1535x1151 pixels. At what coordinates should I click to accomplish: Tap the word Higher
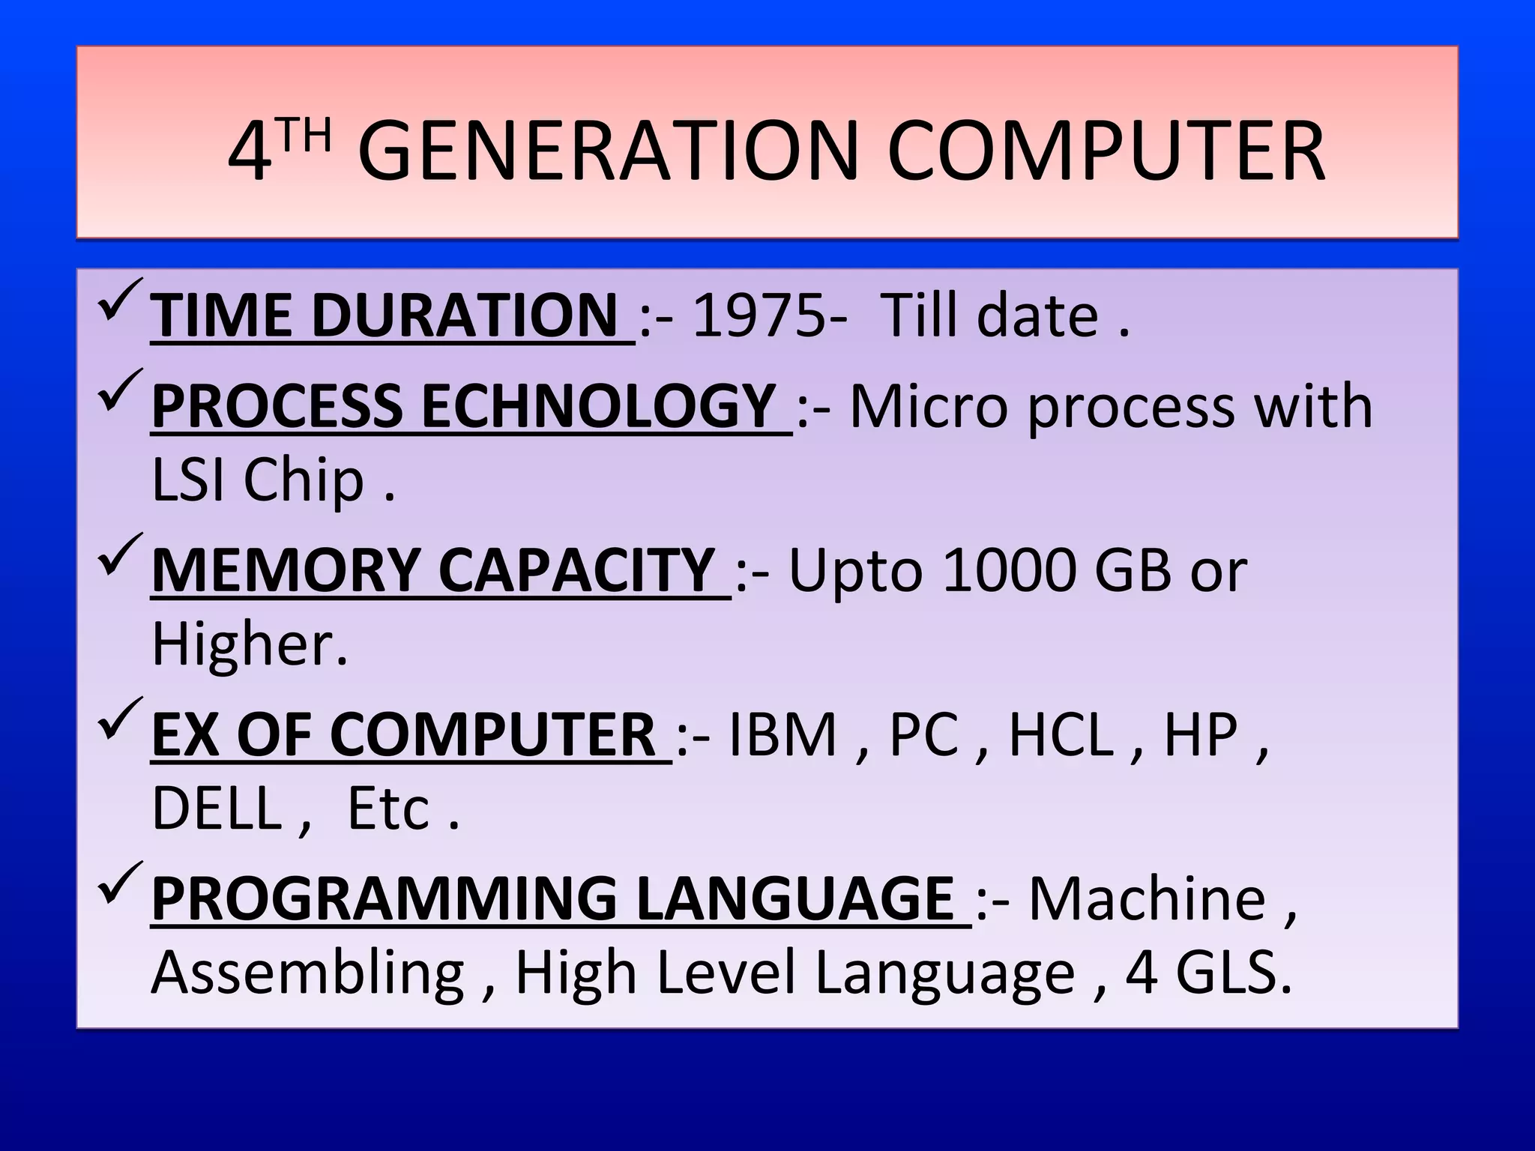pos(247,644)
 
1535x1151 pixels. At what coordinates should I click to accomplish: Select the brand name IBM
pos(782,734)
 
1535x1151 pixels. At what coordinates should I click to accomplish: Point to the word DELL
pos(216,809)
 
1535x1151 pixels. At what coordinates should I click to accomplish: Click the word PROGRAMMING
pos(384,899)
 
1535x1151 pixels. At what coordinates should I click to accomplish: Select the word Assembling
pos(307,973)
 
